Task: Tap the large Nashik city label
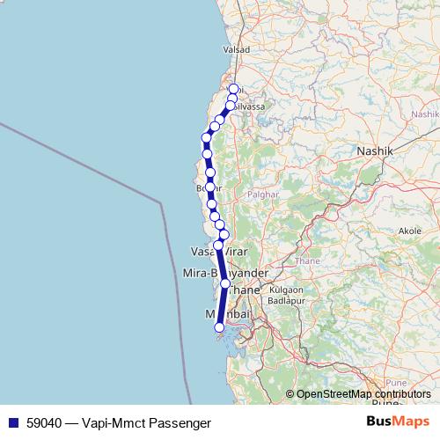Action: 379,151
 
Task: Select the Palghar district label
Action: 261,194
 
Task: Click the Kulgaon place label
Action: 286,289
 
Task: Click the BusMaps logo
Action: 397,422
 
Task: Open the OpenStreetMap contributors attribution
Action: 363,394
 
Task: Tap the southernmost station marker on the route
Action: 219,328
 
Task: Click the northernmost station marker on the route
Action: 234,89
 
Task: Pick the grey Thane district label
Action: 308,260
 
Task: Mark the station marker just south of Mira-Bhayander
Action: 225,284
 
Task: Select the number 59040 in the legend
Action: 45,422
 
